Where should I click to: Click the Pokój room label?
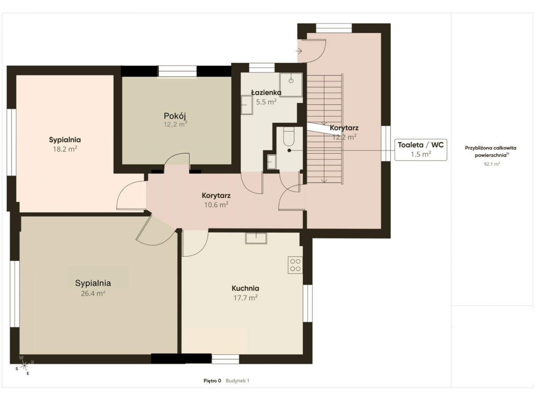tap(175, 116)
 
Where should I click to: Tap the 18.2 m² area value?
tap(65, 149)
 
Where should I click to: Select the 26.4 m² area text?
tap(93, 293)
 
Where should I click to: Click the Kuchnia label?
tap(245, 288)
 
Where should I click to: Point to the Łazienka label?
tap(266, 93)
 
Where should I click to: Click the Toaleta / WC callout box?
tap(421, 150)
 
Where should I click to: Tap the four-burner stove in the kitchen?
tap(295, 265)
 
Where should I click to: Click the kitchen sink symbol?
tap(256, 238)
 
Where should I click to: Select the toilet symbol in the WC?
tap(289, 137)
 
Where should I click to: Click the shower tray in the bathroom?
tap(291, 85)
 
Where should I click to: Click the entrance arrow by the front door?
tap(299, 51)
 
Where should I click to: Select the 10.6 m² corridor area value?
tap(216, 205)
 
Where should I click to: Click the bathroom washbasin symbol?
tap(247, 105)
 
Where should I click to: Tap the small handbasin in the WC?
tap(271, 162)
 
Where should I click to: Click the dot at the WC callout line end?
tap(289, 151)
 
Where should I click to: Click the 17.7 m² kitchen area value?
tap(246, 298)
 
